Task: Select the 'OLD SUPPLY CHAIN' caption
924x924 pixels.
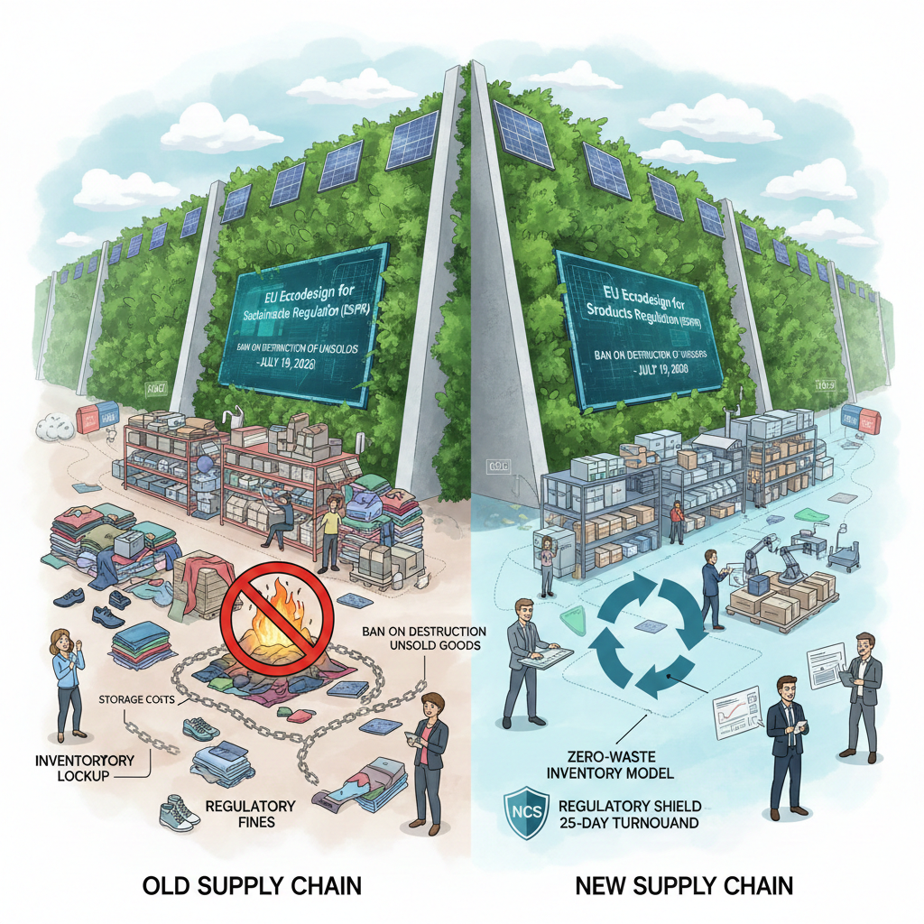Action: coord(252,885)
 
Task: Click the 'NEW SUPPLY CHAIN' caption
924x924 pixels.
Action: coord(684,885)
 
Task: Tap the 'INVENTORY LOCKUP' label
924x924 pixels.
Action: coord(84,769)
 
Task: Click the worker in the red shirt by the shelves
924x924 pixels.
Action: coord(675,522)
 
